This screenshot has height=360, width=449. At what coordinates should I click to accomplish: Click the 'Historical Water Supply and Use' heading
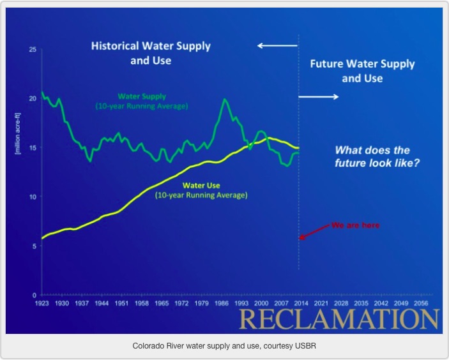click(151, 54)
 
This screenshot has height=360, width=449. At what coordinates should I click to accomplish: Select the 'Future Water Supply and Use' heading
click(362, 71)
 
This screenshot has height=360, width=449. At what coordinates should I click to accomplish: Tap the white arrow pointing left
click(277, 46)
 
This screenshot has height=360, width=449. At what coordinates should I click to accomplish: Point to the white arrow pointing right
click(319, 97)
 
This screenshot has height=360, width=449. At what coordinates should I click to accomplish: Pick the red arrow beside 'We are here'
click(314, 232)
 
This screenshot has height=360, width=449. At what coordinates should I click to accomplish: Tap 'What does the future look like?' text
click(372, 156)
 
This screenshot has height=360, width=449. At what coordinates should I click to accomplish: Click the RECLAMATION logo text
click(340, 319)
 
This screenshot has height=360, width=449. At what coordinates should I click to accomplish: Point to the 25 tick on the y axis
click(33, 50)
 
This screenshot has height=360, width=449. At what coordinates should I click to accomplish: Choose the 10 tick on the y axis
click(33, 197)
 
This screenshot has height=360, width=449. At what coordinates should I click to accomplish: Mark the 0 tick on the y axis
click(34, 295)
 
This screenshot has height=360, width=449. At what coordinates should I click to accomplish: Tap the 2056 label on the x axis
click(421, 303)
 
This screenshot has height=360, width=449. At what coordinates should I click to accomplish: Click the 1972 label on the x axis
click(181, 303)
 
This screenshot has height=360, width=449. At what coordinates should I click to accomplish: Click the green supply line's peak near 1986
click(225, 100)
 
